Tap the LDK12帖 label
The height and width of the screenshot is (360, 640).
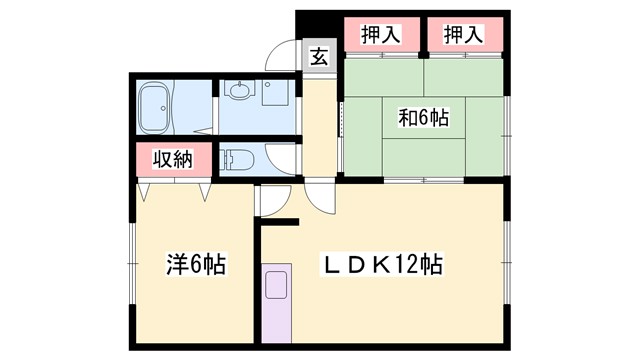[382, 265]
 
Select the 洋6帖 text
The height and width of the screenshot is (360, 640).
[195, 266]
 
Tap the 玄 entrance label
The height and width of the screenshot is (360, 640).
[318, 56]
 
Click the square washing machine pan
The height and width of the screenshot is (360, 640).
[275, 91]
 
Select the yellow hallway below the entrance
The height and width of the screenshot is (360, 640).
[318, 125]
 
